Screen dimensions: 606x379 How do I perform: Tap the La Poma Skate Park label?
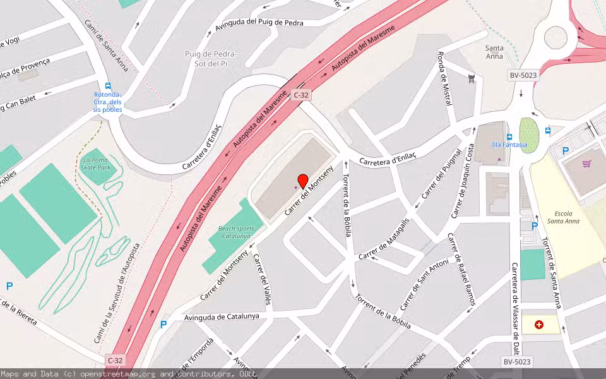[96, 164]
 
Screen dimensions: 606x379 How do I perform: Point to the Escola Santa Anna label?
[562, 217]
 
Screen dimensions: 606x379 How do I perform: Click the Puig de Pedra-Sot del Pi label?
[210, 59]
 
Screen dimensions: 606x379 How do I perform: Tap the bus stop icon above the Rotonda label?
[108, 86]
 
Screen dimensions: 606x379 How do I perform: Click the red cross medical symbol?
[538, 325]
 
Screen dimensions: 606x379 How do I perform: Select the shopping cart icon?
[587, 164]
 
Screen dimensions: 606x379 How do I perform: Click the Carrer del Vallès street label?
[261, 279]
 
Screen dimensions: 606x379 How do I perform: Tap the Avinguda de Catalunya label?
[222, 316]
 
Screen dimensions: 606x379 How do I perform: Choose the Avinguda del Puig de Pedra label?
[259, 24]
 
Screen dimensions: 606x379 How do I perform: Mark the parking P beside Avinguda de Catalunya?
[163, 325]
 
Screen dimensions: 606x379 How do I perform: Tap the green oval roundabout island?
[529, 135]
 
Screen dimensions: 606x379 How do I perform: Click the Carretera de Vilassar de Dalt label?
[516, 310]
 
